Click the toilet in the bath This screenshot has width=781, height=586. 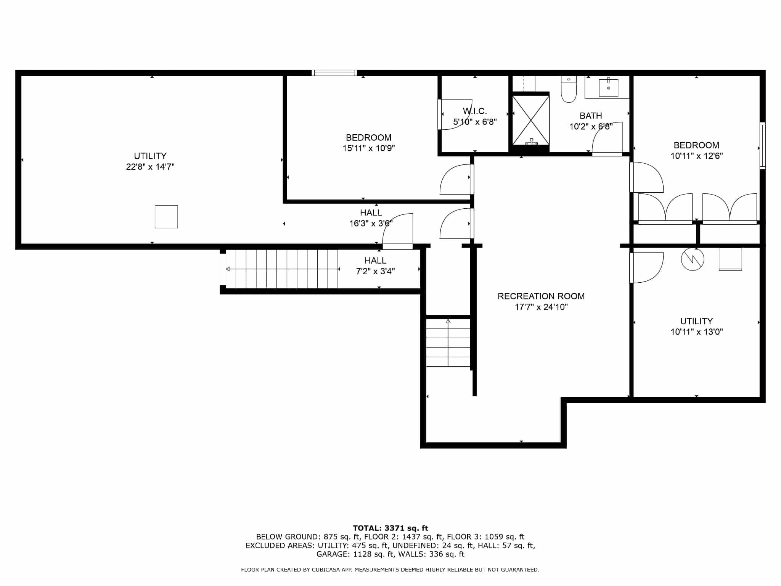click(569, 89)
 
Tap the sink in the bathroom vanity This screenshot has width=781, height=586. click(609, 87)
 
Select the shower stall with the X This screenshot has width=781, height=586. click(531, 121)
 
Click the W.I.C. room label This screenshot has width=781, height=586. click(475, 111)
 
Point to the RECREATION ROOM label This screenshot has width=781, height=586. click(541, 296)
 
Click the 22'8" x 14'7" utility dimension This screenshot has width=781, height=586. click(150, 167)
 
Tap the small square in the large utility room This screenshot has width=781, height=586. click(166, 217)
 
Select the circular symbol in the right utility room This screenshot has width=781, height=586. click(693, 259)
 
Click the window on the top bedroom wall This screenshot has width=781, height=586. click(334, 73)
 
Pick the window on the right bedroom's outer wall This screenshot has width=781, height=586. click(762, 145)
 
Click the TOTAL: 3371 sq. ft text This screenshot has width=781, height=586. click(390, 528)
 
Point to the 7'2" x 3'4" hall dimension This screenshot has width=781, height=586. click(375, 271)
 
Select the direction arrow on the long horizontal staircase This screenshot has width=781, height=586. click(282, 269)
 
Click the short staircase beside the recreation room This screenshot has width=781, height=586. click(448, 342)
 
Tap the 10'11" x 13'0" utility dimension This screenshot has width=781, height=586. click(697, 332)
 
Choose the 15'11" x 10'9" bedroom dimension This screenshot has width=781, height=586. click(368, 148)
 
